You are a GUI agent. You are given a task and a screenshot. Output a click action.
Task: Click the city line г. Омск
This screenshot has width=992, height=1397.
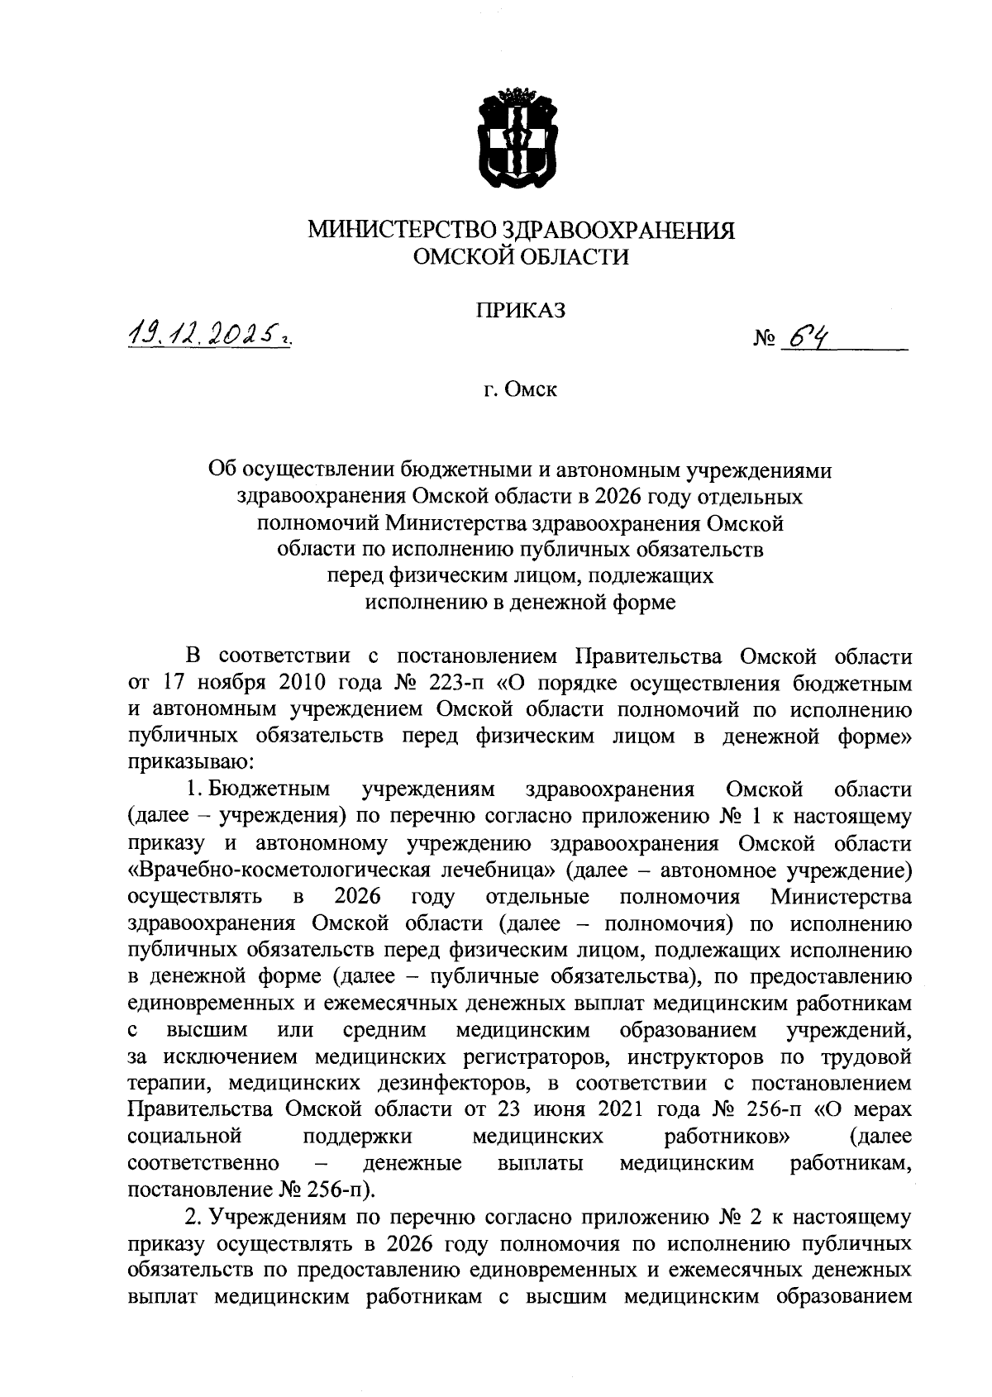tap(521, 389)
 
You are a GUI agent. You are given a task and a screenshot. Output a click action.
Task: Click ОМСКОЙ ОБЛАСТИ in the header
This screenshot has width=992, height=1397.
tap(521, 257)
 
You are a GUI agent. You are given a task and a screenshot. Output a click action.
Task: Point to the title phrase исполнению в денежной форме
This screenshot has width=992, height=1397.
tap(521, 603)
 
